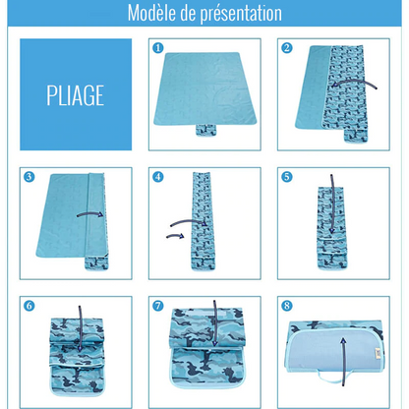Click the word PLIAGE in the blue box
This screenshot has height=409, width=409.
click(x=75, y=94)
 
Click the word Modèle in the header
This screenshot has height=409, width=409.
click(x=158, y=14)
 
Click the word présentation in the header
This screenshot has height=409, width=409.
click(x=243, y=14)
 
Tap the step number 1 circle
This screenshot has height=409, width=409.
click(x=157, y=47)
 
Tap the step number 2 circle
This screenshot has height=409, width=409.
click(x=287, y=47)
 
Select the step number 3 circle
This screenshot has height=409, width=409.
click(x=29, y=177)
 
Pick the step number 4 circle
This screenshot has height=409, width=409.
click(x=157, y=177)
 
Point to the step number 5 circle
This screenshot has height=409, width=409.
click(x=287, y=177)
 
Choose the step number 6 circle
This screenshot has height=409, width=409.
click(x=29, y=306)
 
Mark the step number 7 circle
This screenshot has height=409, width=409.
click(x=157, y=306)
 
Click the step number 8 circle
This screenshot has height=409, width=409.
click(x=287, y=306)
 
